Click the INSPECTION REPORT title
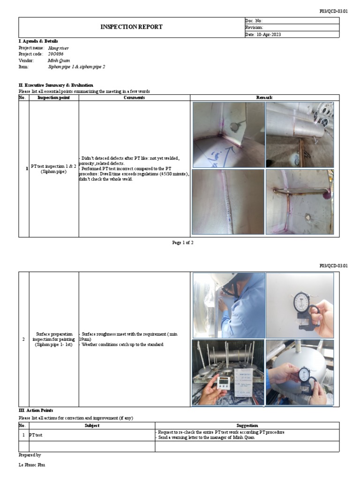click(131, 27)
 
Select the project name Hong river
click(58, 48)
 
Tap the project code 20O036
click(55, 54)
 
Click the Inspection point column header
click(53, 97)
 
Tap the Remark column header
click(264, 97)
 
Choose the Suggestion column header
click(247, 425)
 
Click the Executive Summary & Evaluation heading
click(56, 85)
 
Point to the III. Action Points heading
click(36, 410)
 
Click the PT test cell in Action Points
click(36, 435)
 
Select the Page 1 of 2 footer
click(183, 242)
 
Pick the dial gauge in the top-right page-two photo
click(300, 302)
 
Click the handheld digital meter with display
click(224, 382)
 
